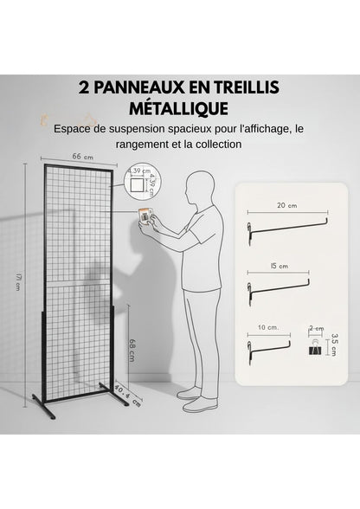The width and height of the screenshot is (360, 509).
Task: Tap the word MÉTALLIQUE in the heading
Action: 180,109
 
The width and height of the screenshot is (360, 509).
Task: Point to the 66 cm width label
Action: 77,156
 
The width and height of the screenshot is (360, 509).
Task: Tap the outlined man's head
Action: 201,188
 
